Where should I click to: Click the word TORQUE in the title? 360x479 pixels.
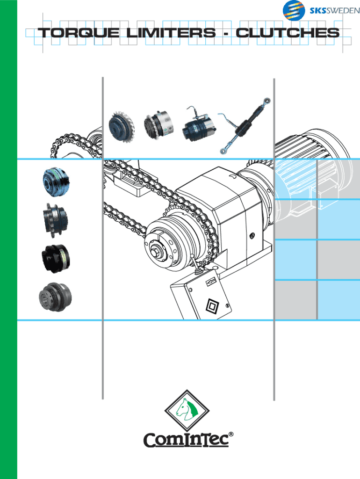(x=79, y=33)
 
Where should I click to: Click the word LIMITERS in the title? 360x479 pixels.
(x=171, y=33)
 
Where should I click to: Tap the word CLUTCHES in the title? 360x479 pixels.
(x=288, y=33)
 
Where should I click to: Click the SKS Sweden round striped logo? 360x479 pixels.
(x=294, y=11)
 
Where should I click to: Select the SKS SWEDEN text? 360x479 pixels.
(x=335, y=11)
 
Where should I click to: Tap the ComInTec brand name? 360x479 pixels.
(x=186, y=440)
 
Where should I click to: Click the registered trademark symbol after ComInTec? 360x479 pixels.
(x=231, y=434)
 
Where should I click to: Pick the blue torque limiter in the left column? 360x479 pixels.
(x=56, y=182)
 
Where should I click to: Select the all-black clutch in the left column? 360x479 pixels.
(x=56, y=258)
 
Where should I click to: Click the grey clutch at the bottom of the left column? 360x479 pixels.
(x=55, y=297)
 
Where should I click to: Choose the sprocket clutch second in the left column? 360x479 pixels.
(x=56, y=220)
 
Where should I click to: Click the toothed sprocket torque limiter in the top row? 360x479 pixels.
(x=121, y=126)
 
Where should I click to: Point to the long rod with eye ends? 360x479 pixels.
(x=245, y=126)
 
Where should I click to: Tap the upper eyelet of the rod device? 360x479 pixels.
(x=267, y=101)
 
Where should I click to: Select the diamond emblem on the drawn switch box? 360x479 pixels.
(x=211, y=306)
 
